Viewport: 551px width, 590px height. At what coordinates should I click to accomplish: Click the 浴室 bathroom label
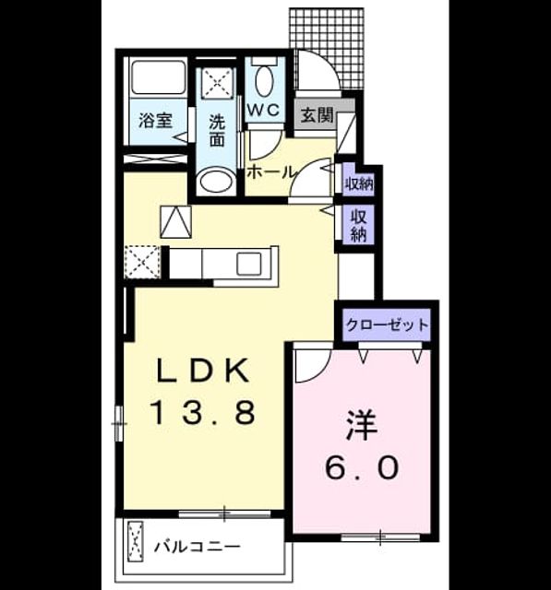pos(155,121)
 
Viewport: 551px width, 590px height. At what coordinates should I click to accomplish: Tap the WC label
pos(264,110)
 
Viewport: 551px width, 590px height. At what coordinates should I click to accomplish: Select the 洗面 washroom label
pos(217,130)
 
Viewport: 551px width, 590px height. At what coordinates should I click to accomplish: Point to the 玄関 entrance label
pos(317,115)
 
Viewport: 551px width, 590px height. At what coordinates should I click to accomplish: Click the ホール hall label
pos(270,172)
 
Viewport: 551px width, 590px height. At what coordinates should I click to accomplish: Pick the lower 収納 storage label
pos(359,225)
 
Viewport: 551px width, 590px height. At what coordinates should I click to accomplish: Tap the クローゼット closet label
pos(387,324)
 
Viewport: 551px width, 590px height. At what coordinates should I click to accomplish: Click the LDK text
pos(204,371)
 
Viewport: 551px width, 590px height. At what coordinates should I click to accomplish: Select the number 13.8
pos(204,412)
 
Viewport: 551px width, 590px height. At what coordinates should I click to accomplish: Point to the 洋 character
pos(362,425)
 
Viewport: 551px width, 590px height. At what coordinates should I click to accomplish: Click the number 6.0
pos(362,467)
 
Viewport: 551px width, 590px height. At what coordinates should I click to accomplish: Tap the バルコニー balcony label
pos(197,547)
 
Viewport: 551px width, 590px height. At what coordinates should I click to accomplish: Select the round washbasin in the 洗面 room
pos(216,181)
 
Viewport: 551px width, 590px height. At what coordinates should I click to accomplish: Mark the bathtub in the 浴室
pos(159,77)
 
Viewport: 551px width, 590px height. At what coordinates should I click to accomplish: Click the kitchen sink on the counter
pos(249,263)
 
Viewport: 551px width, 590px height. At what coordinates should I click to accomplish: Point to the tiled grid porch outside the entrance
pos(327,49)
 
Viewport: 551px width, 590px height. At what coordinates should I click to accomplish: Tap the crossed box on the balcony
pos(136,541)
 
